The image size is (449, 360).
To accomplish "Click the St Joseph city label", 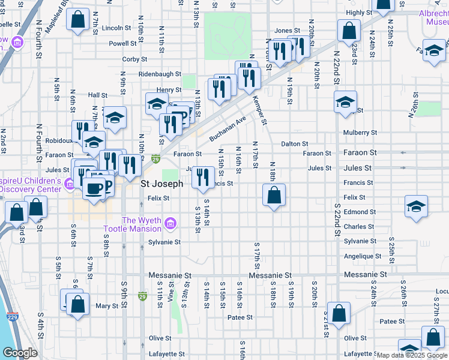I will tap(161, 184).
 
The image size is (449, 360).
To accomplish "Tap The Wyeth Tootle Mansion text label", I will tap(134, 225).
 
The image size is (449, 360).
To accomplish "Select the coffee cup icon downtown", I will tap(94, 188).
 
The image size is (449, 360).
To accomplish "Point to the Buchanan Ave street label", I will tap(228, 129).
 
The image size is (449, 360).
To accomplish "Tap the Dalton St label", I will tap(295, 144).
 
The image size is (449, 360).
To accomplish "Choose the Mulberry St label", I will tap(360, 133).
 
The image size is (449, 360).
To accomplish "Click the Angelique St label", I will tap(360, 256).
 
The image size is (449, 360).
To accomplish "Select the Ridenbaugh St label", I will tap(160, 74).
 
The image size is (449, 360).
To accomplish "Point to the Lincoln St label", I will tap(116, 28).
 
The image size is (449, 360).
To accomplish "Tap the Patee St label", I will tap(240, 317).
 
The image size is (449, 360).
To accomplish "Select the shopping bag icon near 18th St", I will tap(274, 195).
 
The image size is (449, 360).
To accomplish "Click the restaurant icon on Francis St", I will tap(203, 177).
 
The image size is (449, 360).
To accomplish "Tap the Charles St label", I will tap(359, 227).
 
